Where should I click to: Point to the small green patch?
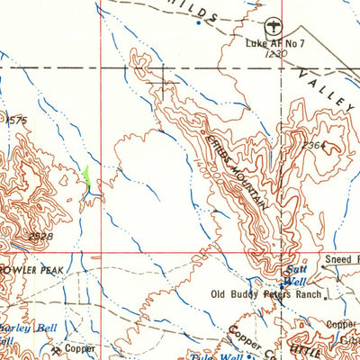click(86, 176)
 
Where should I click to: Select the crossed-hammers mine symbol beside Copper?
click(56, 349)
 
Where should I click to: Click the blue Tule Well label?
click(209, 355)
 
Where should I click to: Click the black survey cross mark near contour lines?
click(163, 86)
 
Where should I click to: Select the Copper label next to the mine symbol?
click(79, 347)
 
